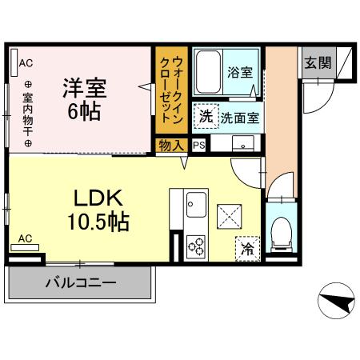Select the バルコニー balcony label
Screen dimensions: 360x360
pos(80,282)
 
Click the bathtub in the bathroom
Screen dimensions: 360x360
pos(208,74)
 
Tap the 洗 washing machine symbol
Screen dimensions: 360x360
pos(206,117)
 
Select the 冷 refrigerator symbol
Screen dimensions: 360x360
pos(248,249)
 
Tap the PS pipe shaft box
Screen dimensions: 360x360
pos(198,145)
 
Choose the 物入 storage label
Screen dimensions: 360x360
pos(171,145)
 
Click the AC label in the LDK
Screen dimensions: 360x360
pos(26,238)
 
